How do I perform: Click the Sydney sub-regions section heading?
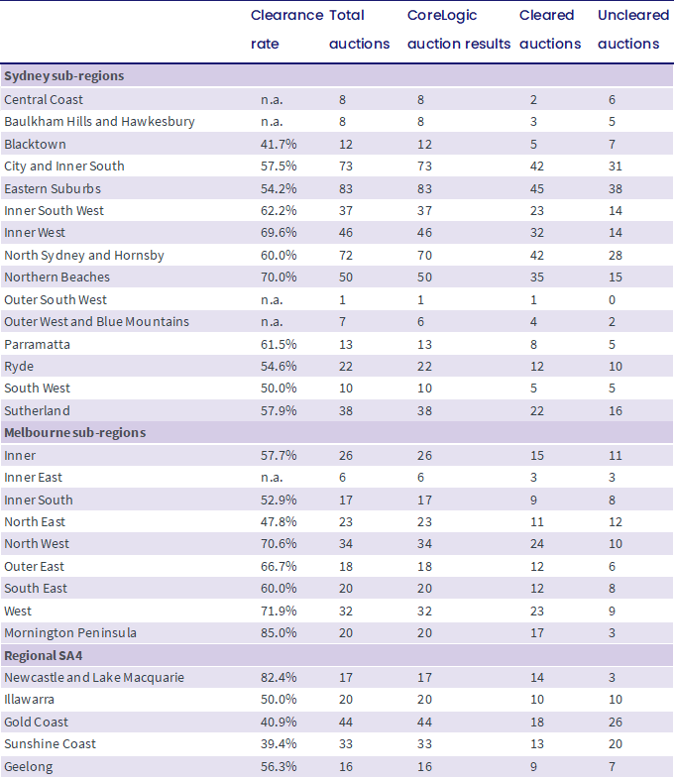(64, 76)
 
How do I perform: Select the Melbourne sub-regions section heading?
(75, 433)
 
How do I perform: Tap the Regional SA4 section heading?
(44, 656)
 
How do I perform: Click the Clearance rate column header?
(286, 30)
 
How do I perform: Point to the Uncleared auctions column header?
(633, 30)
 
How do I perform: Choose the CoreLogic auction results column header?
(459, 30)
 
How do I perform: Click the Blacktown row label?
(35, 144)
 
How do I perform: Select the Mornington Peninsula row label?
(70, 633)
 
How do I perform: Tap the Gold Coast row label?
(36, 722)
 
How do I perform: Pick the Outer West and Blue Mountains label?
(96, 322)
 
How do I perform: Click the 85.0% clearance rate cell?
(279, 633)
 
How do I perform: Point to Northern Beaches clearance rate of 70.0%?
(279, 278)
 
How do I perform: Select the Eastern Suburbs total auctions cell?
(346, 188)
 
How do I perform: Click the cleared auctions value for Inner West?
(537, 233)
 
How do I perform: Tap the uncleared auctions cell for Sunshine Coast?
(616, 743)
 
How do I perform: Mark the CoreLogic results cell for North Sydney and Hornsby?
(424, 256)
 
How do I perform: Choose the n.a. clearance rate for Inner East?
(272, 478)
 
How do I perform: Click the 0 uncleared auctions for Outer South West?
(612, 300)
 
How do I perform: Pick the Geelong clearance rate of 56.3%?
(279, 766)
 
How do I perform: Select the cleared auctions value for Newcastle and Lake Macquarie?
(537, 678)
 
